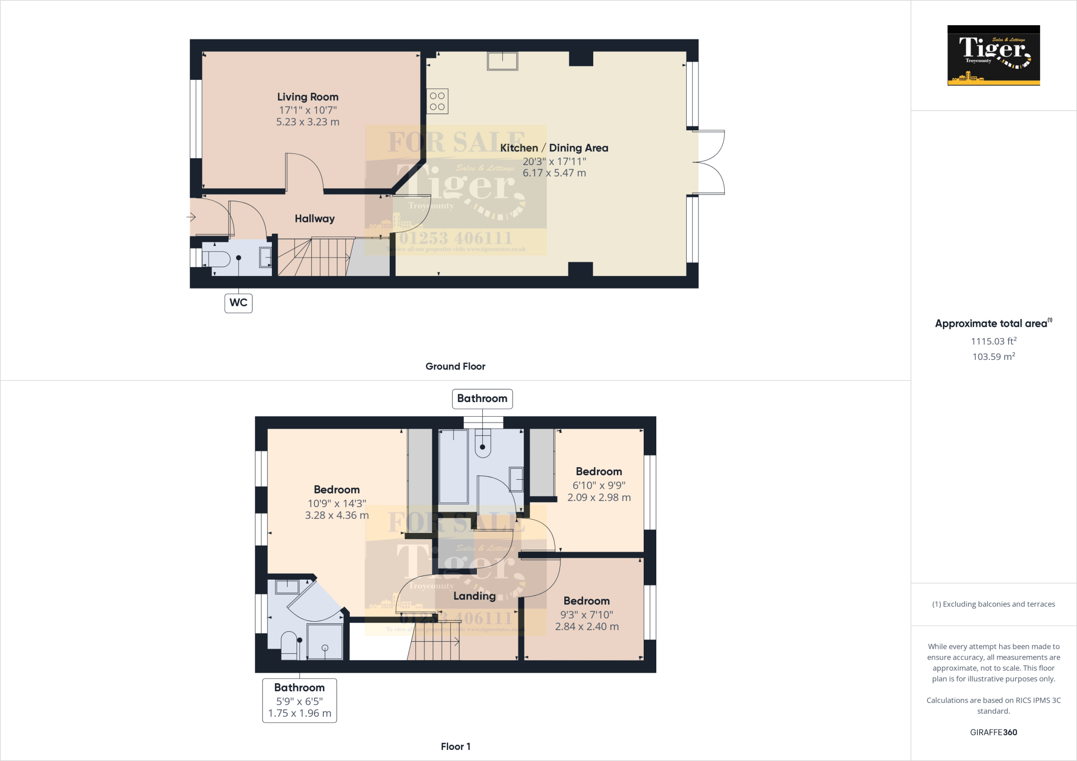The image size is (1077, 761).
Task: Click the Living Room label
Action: pos(308,97)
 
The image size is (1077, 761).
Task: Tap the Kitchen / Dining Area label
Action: pos(554,148)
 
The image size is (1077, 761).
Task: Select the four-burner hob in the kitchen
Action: pos(437,101)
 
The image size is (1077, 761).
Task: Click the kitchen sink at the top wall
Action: pos(502,61)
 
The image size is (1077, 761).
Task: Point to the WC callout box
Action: pos(238,303)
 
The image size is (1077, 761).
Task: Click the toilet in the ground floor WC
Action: pos(218,259)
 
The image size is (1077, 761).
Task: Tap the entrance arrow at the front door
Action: pos(191,217)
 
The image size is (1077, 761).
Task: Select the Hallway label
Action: pos(314,219)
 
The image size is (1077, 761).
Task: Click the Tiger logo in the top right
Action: pos(993,55)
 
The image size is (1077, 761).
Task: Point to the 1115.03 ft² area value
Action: pos(993,341)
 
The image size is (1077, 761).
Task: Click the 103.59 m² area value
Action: pos(993,357)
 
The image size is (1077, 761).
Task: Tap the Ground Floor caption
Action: pos(455,366)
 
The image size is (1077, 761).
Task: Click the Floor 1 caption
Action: pos(455,746)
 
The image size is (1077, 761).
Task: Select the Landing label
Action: pos(474,596)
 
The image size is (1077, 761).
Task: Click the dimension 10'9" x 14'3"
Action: pos(337,503)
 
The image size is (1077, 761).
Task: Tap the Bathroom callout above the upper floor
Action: pos(482,399)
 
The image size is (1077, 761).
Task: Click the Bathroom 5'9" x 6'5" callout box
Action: pos(299,701)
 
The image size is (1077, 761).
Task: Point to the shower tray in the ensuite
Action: pos(324,641)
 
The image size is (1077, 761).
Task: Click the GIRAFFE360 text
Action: pos(993,732)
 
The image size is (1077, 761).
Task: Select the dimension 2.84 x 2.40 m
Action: pos(587,626)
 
